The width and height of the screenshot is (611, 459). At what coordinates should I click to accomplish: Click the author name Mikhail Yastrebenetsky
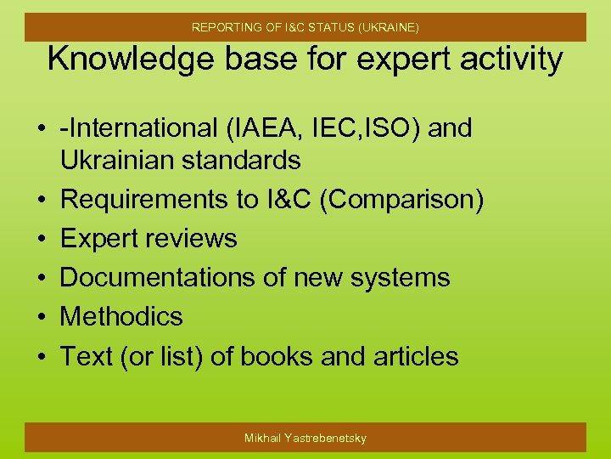(x=305, y=438)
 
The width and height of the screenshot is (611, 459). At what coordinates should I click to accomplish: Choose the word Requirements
(x=143, y=200)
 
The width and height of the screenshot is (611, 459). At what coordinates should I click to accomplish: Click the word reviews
(x=193, y=239)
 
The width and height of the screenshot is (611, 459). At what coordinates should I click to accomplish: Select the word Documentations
(x=153, y=278)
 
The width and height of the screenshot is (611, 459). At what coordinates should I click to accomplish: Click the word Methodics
(x=121, y=317)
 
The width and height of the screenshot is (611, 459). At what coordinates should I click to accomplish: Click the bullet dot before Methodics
(x=41, y=318)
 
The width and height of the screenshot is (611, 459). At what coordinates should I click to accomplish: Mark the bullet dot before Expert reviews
(x=41, y=240)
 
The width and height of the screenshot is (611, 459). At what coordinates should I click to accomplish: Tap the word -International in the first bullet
(x=137, y=129)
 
